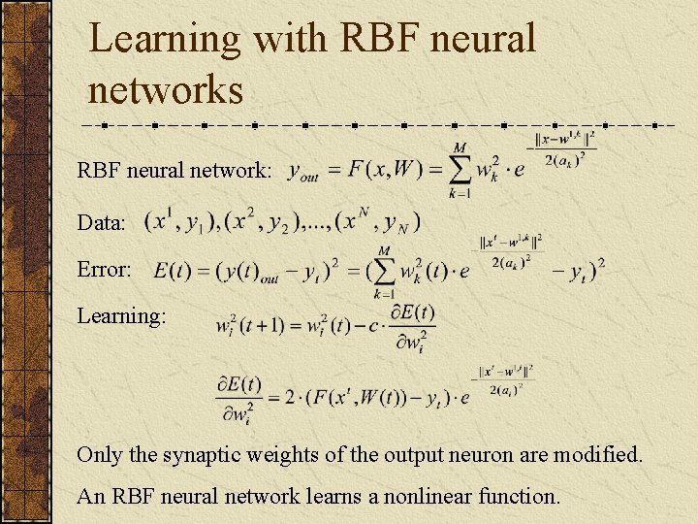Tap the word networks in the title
click(165, 90)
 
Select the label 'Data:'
click(102, 223)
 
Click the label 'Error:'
click(105, 270)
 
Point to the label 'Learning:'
click(122, 316)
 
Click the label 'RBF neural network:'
click(174, 172)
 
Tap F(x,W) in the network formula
click(385, 170)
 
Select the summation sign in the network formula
click(460, 170)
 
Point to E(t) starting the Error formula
click(172, 270)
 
